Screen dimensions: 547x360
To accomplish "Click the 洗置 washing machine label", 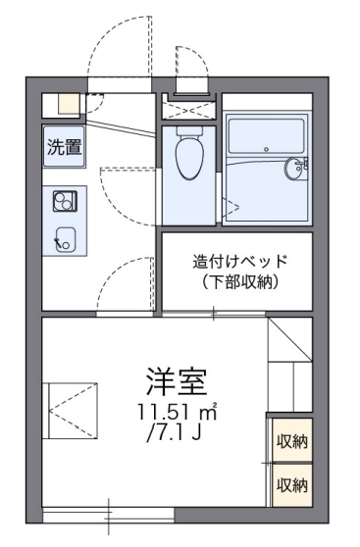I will [x=66, y=148].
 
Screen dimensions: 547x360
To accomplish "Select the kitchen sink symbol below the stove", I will [x=67, y=237].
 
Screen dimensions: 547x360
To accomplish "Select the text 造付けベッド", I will [x=239, y=262].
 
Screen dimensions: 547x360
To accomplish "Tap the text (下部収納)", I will [x=239, y=283].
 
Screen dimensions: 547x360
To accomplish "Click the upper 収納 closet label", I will [x=291, y=441].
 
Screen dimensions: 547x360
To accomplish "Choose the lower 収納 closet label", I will [x=291, y=484].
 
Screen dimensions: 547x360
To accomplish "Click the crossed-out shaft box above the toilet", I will [x=187, y=107].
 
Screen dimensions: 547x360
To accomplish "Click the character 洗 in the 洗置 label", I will [x=58, y=148].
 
